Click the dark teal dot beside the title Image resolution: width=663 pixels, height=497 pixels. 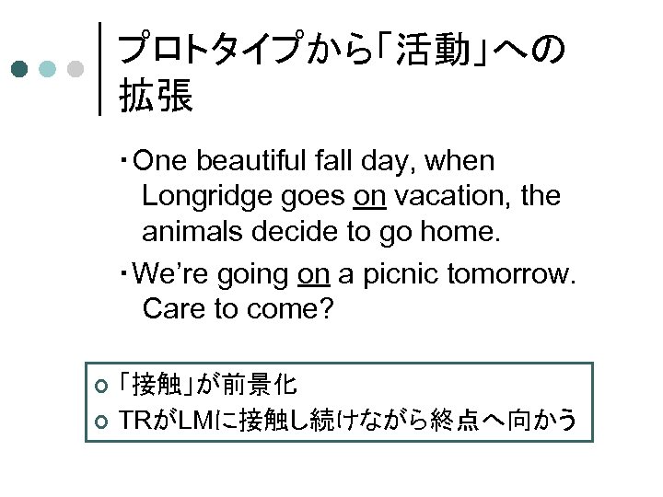pos(19,69)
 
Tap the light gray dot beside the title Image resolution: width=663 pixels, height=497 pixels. pos(77,69)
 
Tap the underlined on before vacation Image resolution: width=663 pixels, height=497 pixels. pos(370,196)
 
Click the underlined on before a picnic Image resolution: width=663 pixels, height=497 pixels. pos(315,273)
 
